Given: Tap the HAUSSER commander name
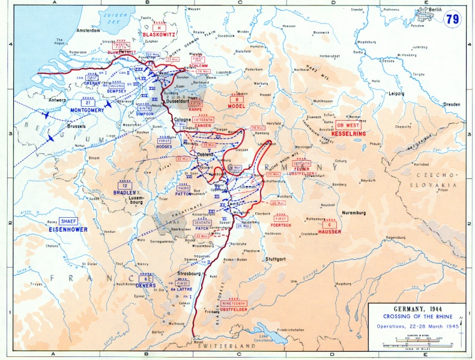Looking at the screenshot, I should click(x=330, y=232).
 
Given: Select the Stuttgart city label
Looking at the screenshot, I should click(x=276, y=259).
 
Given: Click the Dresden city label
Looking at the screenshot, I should click(x=452, y=104).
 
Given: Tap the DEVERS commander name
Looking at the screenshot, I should click(x=147, y=285).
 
